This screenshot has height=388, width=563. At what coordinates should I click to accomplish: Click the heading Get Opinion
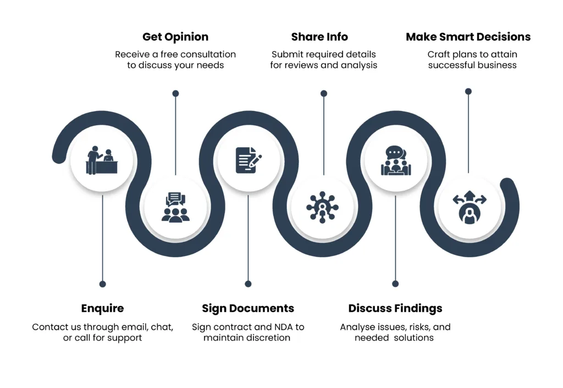click(x=175, y=37)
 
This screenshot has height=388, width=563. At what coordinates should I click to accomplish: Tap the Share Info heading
click(x=319, y=37)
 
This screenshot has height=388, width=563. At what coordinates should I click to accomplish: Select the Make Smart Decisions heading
click(x=468, y=37)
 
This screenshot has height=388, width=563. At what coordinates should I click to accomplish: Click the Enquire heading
click(x=102, y=308)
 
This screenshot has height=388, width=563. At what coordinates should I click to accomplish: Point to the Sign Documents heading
click(x=248, y=308)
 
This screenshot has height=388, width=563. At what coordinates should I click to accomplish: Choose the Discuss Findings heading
click(x=395, y=308)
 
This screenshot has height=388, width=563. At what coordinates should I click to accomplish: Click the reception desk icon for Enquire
click(x=102, y=160)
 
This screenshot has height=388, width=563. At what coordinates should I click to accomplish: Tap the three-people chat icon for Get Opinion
click(x=175, y=207)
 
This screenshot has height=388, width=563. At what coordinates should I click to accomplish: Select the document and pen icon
click(x=249, y=160)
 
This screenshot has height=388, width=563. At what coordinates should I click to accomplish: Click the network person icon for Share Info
click(x=322, y=207)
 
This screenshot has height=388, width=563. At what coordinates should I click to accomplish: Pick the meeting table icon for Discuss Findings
click(x=396, y=160)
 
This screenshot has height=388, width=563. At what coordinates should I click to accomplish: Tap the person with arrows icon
click(x=470, y=207)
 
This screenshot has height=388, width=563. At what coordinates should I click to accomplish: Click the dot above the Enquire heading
click(x=103, y=284)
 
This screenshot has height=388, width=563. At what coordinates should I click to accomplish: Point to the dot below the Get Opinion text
click(x=175, y=93)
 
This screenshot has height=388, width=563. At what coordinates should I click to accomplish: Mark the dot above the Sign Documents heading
click(x=248, y=284)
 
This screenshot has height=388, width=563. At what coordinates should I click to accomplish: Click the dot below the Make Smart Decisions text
click(x=468, y=92)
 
